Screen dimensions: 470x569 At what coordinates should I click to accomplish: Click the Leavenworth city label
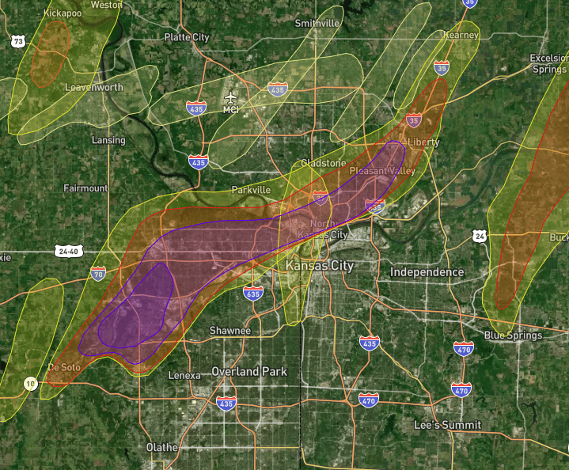93,87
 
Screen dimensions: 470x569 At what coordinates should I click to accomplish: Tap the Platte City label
186,37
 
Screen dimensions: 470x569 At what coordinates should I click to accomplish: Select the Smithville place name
317,24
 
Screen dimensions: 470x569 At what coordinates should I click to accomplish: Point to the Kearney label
461,35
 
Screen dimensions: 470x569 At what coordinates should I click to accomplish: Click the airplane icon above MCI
230,97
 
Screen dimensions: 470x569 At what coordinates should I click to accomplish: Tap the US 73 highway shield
17,40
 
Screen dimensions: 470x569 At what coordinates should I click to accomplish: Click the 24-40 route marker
68,252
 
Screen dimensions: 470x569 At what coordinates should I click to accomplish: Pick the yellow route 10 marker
30,384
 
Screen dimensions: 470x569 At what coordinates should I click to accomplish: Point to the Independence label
427,272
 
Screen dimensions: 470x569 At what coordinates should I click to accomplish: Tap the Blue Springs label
513,335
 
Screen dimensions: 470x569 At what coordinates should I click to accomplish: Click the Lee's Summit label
447,425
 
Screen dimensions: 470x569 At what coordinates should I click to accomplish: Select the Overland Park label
249,371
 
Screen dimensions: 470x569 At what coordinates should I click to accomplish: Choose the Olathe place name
162,447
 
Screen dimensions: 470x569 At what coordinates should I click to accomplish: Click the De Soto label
65,367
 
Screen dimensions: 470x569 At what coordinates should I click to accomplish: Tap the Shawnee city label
229,330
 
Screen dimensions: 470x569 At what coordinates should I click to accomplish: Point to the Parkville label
251,191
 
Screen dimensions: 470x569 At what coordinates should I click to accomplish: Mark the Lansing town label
108,140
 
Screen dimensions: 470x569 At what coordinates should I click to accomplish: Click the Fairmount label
85,188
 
